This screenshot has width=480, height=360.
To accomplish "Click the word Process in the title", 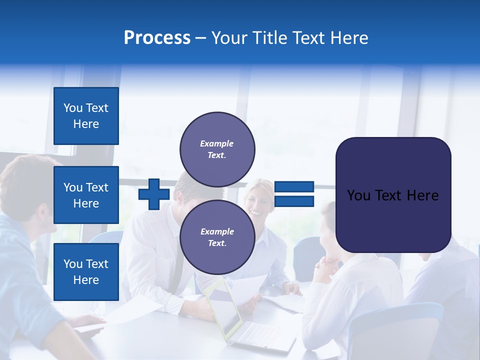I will coord(157,38).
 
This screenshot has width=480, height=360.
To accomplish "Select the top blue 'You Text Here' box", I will coord(86,116).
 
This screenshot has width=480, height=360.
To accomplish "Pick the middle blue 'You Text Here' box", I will coord(86,195).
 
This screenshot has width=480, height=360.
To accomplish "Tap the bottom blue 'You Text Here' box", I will coord(86,271).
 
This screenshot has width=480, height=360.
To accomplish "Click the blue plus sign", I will coord(153,194).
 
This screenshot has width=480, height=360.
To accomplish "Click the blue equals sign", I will coord(294,194).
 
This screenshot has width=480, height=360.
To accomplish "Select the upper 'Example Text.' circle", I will coord(217,149).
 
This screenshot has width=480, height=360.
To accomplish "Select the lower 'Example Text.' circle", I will coord(217,237).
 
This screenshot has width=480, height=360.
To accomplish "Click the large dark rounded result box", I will coord(393,194).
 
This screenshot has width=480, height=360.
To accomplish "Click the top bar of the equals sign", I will coord(294,187).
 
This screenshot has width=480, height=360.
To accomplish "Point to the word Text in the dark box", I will coord(393,195).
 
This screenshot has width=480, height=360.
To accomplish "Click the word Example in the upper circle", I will coord(217,143).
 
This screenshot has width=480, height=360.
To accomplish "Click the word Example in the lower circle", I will coord(217,231).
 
